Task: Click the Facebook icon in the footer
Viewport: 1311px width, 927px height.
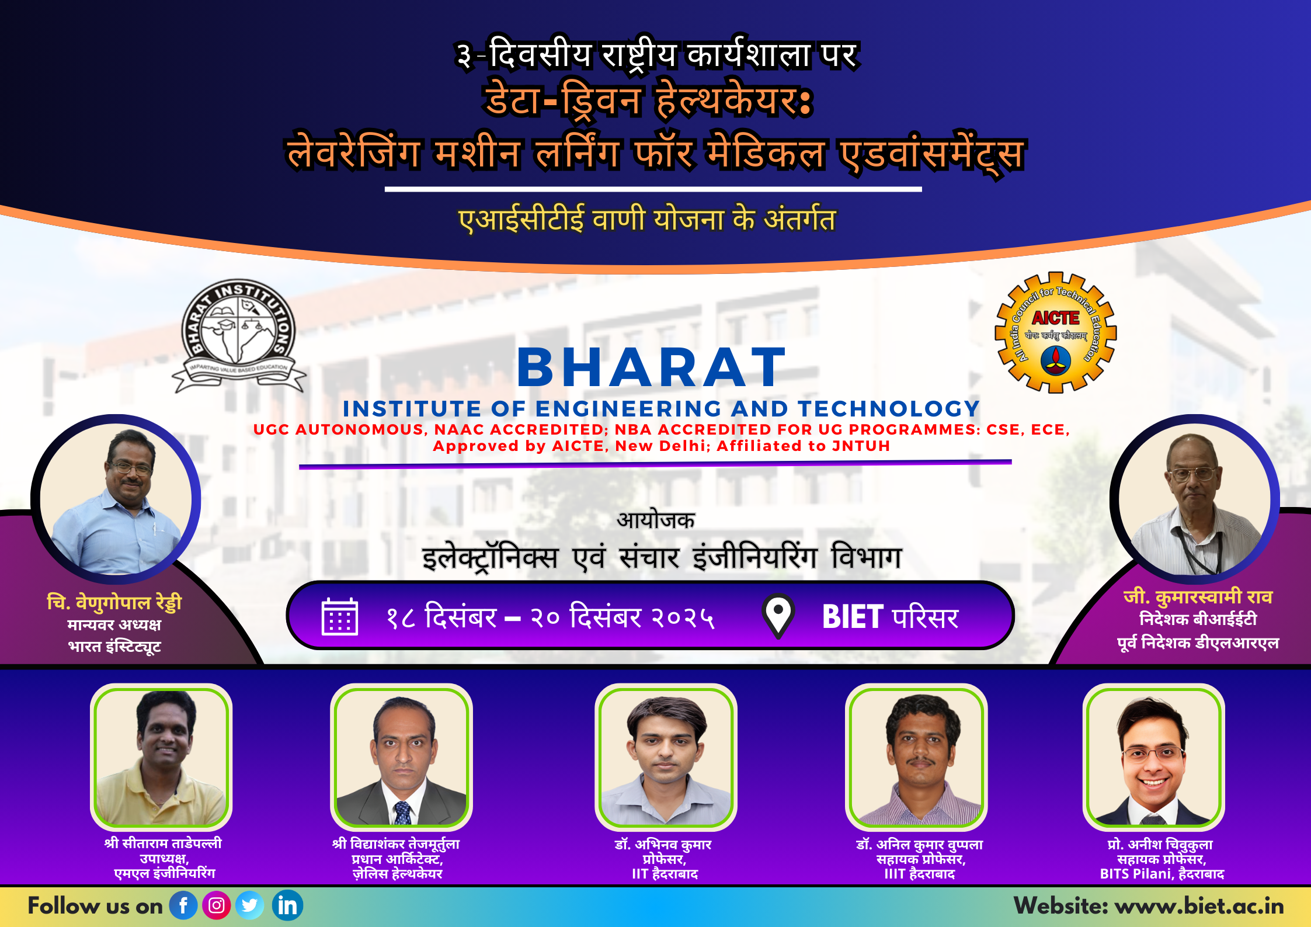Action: tap(183, 905)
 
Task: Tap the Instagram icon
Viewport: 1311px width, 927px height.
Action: tap(216, 905)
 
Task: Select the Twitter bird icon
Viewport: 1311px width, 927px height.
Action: tap(249, 905)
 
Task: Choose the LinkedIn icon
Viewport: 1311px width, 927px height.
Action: tap(287, 905)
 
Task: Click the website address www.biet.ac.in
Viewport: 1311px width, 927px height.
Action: tap(1199, 906)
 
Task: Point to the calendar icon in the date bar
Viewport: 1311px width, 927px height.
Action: tap(340, 616)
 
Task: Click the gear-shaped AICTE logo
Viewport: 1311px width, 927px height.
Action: tap(1056, 332)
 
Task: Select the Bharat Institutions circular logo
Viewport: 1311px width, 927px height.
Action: tap(239, 335)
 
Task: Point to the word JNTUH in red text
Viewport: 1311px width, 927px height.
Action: tap(861, 446)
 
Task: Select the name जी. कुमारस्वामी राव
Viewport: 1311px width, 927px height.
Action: tap(1198, 597)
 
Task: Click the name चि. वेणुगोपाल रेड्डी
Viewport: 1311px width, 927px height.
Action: tap(114, 602)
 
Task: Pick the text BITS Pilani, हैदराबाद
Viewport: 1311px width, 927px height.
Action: tap(1162, 874)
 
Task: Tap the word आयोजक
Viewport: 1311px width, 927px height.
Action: tap(656, 519)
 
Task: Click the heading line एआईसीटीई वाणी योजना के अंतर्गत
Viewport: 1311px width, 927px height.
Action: tap(647, 220)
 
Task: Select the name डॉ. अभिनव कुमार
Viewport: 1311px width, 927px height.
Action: tap(663, 845)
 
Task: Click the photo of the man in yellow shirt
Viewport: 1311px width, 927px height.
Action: tap(161, 757)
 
